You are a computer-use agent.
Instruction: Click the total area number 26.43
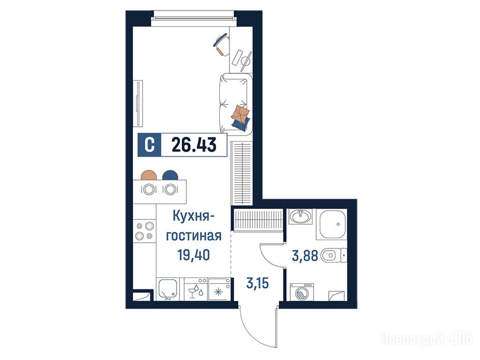tap(194, 144)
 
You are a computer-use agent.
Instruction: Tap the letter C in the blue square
tap(150, 145)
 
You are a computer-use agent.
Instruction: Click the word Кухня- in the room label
tap(194, 217)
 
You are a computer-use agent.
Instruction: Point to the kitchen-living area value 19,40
tap(194, 255)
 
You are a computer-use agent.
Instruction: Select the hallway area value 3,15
tap(257, 283)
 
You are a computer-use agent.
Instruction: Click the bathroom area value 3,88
tap(305, 255)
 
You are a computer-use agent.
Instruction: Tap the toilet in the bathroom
tap(333, 255)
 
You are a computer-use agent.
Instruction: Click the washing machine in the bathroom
tap(302, 292)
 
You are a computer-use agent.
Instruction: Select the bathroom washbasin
tap(300, 217)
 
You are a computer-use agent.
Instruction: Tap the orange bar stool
tap(149, 175)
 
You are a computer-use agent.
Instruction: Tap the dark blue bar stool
tap(170, 175)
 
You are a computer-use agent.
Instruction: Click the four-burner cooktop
tap(144, 231)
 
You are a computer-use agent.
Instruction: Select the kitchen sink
tap(168, 289)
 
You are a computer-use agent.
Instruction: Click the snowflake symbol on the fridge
tap(218, 292)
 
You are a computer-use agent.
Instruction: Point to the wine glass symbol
tap(192, 292)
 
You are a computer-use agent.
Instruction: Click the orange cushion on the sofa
tap(240, 112)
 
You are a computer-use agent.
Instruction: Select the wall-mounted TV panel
tap(139, 104)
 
